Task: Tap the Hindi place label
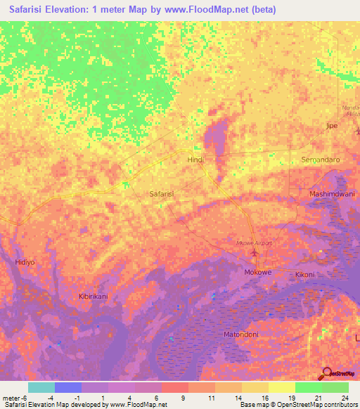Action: pos(195,160)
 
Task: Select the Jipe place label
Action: pos(332,126)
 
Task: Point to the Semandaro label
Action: pos(320,160)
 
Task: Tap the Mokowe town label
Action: pos(257,272)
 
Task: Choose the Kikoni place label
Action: pos(305,274)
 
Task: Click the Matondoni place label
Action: pos(240,335)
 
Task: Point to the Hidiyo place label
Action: pos(25,262)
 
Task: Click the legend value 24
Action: pos(344,397)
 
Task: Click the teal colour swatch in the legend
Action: pos(41,387)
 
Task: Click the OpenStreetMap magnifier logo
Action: pos(326,373)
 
